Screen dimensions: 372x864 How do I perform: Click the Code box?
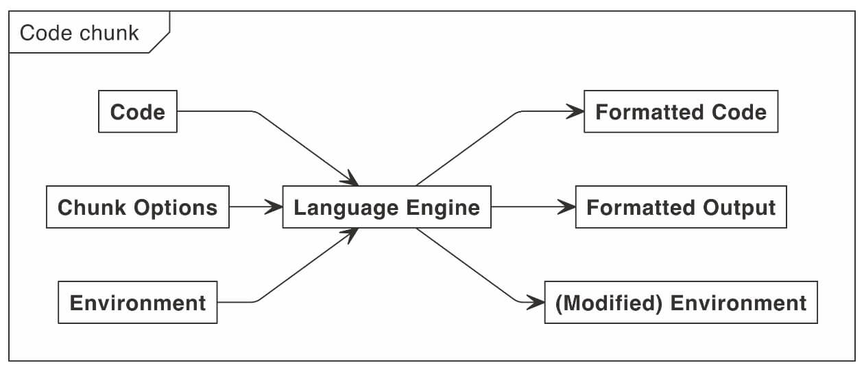click(x=138, y=111)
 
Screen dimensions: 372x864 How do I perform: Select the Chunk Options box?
click(x=137, y=207)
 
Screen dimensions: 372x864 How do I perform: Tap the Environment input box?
click(x=138, y=302)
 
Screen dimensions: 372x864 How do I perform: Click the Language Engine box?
click(x=387, y=207)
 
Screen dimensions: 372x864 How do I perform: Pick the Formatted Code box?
click(x=681, y=111)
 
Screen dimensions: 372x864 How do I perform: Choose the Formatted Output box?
click(x=681, y=207)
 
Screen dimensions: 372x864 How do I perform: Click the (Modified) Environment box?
click(x=681, y=302)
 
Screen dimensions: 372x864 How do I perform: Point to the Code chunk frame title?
click(x=80, y=32)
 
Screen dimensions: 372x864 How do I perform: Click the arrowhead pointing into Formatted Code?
click(x=575, y=111)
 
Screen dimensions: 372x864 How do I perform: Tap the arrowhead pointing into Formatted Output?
click(x=566, y=207)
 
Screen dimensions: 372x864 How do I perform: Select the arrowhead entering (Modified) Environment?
click(x=536, y=301)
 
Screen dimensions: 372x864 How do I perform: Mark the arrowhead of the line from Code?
click(x=350, y=179)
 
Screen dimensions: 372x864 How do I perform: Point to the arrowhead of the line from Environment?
click(x=350, y=234)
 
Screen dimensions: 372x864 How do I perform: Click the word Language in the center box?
click(x=345, y=207)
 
